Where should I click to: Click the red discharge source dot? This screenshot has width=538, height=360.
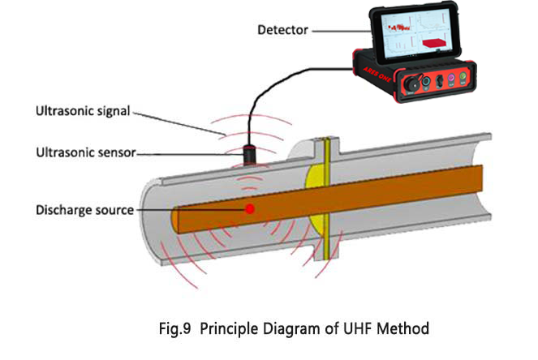click(251, 209)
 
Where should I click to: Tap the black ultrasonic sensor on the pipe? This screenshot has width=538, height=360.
click(249, 153)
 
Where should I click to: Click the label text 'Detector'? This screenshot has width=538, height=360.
click(282, 32)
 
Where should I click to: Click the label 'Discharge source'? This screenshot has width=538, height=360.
click(84, 210)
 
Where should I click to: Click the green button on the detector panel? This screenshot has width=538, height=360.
click(464, 79)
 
